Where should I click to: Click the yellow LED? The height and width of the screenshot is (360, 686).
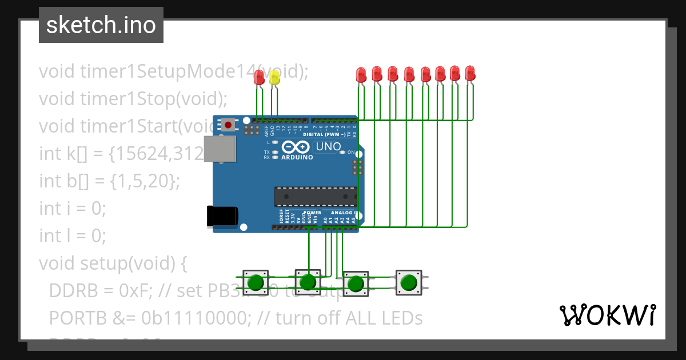coord(274,78)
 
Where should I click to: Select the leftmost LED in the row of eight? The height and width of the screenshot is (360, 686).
coord(361,75)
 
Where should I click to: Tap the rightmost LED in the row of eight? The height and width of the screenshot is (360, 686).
coord(470,74)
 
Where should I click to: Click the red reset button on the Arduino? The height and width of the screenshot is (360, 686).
coord(229,124)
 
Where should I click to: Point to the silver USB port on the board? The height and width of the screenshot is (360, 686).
coord(220,148)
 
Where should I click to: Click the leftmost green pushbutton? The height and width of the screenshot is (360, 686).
coord(256,282)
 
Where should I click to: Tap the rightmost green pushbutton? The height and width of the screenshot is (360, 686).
coord(408,282)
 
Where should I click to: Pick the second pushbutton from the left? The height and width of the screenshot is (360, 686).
coord(308,281)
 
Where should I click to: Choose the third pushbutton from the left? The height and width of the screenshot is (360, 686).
coord(356,283)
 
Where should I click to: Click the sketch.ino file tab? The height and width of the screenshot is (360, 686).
coord(101,25)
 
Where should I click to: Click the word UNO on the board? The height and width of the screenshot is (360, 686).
coord(328,146)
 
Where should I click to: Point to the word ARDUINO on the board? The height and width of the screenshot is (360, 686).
coord(297,157)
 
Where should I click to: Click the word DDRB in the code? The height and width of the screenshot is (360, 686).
coord(71,290)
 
